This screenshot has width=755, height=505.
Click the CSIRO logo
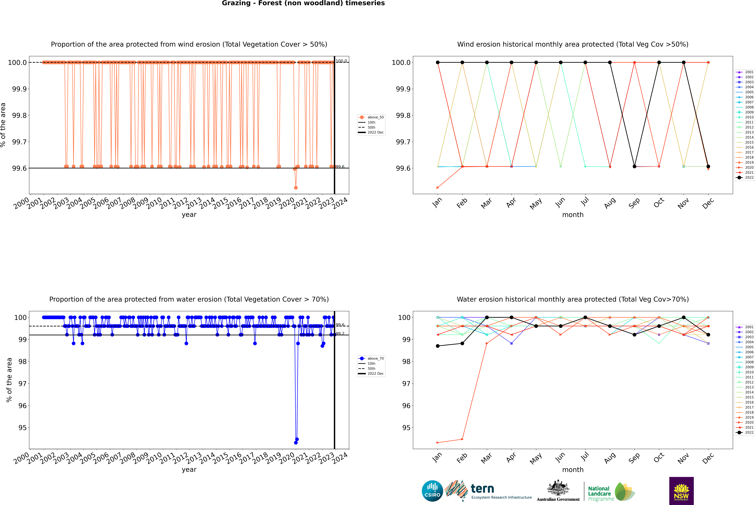point(432,491)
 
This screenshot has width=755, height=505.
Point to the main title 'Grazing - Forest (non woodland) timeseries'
point(303,3)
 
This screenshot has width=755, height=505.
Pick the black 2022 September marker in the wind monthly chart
point(634,166)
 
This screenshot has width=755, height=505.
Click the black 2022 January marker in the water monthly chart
point(438,346)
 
